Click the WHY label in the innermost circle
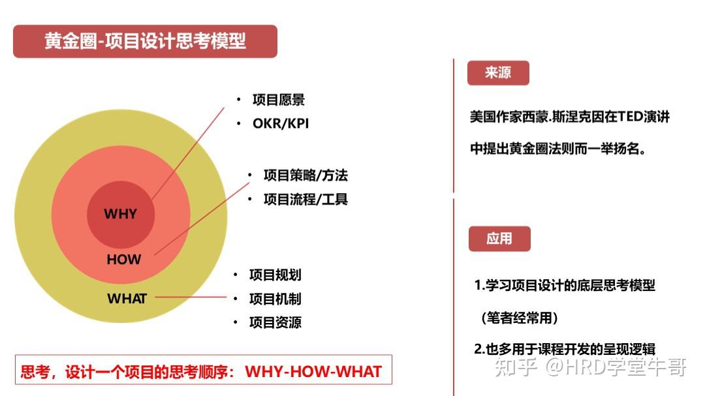pyautogui.click(x=121, y=214)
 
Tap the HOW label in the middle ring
pyautogui.click(x=124, y=260)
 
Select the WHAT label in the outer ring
pyautogui.click(x=127, y=299)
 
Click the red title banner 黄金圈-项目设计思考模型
pyautogui.click(x=145, y=41)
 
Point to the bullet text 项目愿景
pyautogui.click(x=279, y=100)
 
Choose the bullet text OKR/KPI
pyautogui.click(x=281, y=123)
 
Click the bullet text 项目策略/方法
pyautogui.click(x=305, y=175)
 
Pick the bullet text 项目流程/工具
pyautogui.click(x=305, y=199)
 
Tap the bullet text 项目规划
pyautogui.click(x=275, y=275)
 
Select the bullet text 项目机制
pyautogui.click(x=275, y=299)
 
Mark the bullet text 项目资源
pyautogui.click(x=275, y=322)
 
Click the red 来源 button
pyautogui.click(x=498, y=72)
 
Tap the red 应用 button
pyautogui.click(x=499, y=239)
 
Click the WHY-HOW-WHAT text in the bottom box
pyautogui.click(x=313, y=372)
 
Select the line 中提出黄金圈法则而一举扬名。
pyautogui.click(x=559, y=149)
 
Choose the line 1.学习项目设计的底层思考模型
pyautogui.click(x=565, y=285)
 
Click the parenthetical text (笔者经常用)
pyautogui.click(x=520, y=318)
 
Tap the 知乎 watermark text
pyautogui.click(x=516, y=367)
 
